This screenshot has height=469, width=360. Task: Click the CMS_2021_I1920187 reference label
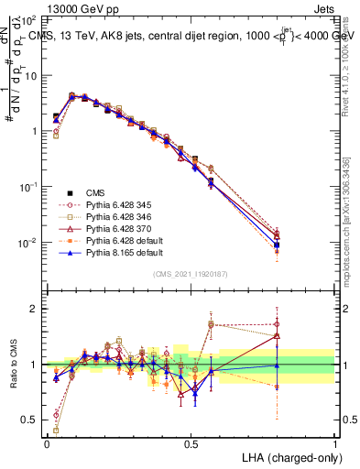click(x=191, y=274)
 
